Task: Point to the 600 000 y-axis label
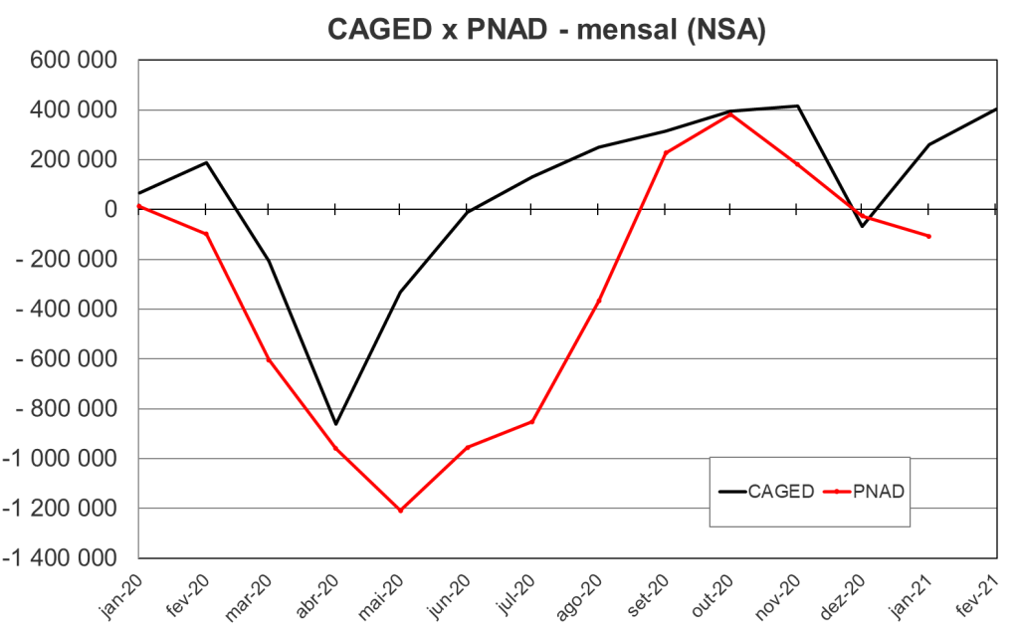[x=75, y=61]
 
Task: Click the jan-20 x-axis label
[x=121, y=596]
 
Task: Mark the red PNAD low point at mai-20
[x=400, y=511]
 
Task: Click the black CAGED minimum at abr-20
[x=335, y=424]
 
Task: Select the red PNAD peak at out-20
[x=730, y=114]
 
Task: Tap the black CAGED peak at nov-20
[x=797, y=106]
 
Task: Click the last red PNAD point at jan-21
[x=928, y=236]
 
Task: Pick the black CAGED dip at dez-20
[x=863, y=226]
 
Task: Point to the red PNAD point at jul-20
[x=532, y=422]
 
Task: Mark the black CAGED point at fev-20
[x=206, y=162]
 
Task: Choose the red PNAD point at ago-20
[x=598, y=301]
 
